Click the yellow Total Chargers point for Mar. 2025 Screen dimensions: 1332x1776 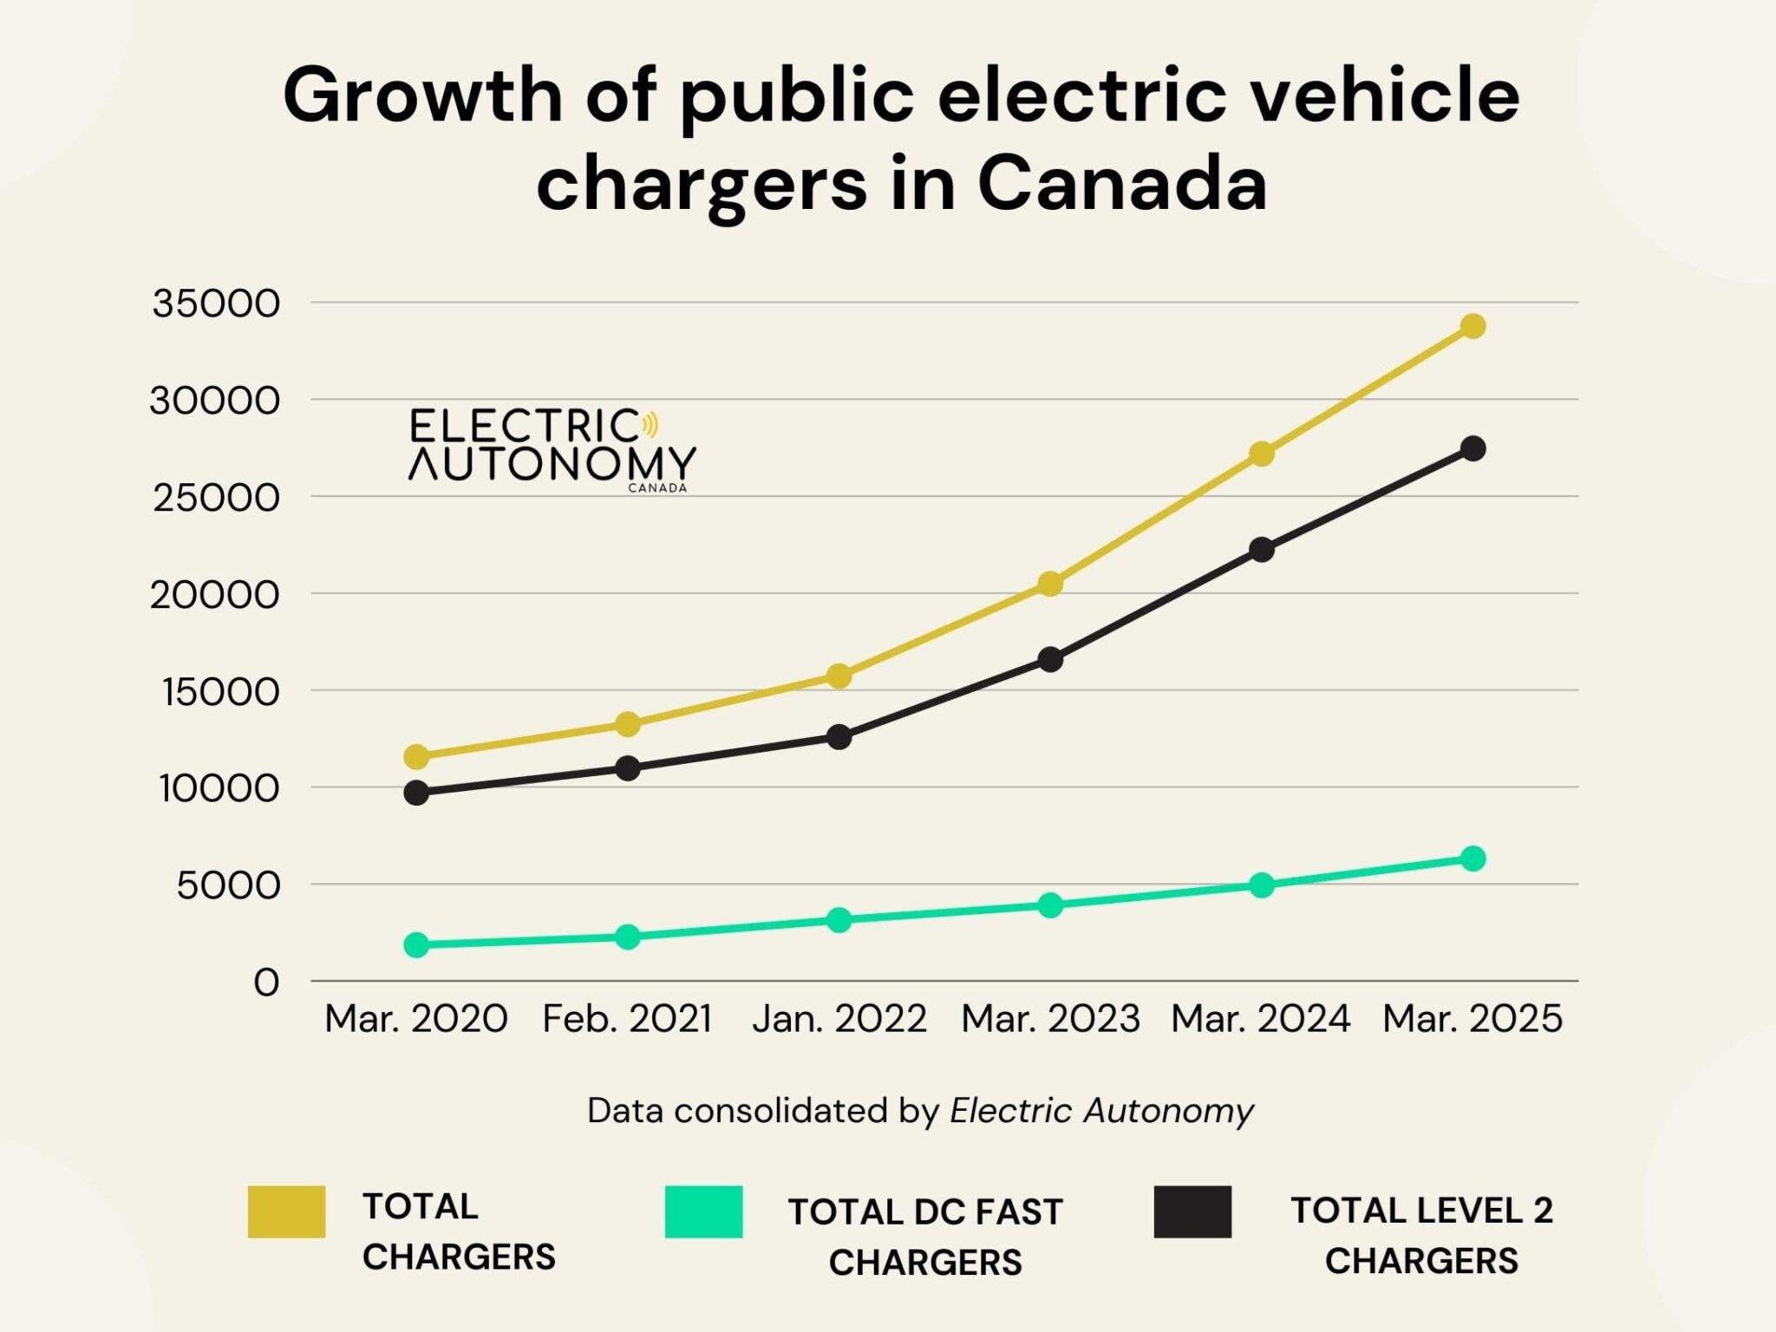click(x=1472, y=326)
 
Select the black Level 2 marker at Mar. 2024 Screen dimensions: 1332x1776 click(x=1262, y=549)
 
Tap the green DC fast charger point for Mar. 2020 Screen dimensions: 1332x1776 click(x=416, y=944)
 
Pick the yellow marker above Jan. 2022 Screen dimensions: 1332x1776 click(x=839, y=676)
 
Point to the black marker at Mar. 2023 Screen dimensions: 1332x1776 click(x=1050, y=659)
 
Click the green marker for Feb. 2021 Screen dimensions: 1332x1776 click(x=628, y=937)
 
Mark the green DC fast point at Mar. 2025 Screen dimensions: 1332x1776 click(x=1472, y=859)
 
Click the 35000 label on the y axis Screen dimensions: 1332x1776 click(x=216, y=304)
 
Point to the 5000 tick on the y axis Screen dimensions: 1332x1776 click(x=228, y=885)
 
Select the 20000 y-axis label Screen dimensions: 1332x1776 click(x=215, y=595)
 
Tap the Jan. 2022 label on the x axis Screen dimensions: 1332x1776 click(x=839, y=1018)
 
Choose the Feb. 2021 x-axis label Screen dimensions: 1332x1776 click(x=627, y=1018)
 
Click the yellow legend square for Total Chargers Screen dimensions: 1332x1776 click(x=286, y=1211)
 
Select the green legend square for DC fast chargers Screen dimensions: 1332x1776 click(x=703, y=1211)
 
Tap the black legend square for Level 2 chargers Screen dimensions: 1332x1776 click(x=1192, y=1211)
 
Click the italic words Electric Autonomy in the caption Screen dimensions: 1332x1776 click(x=1101, y=1110)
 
